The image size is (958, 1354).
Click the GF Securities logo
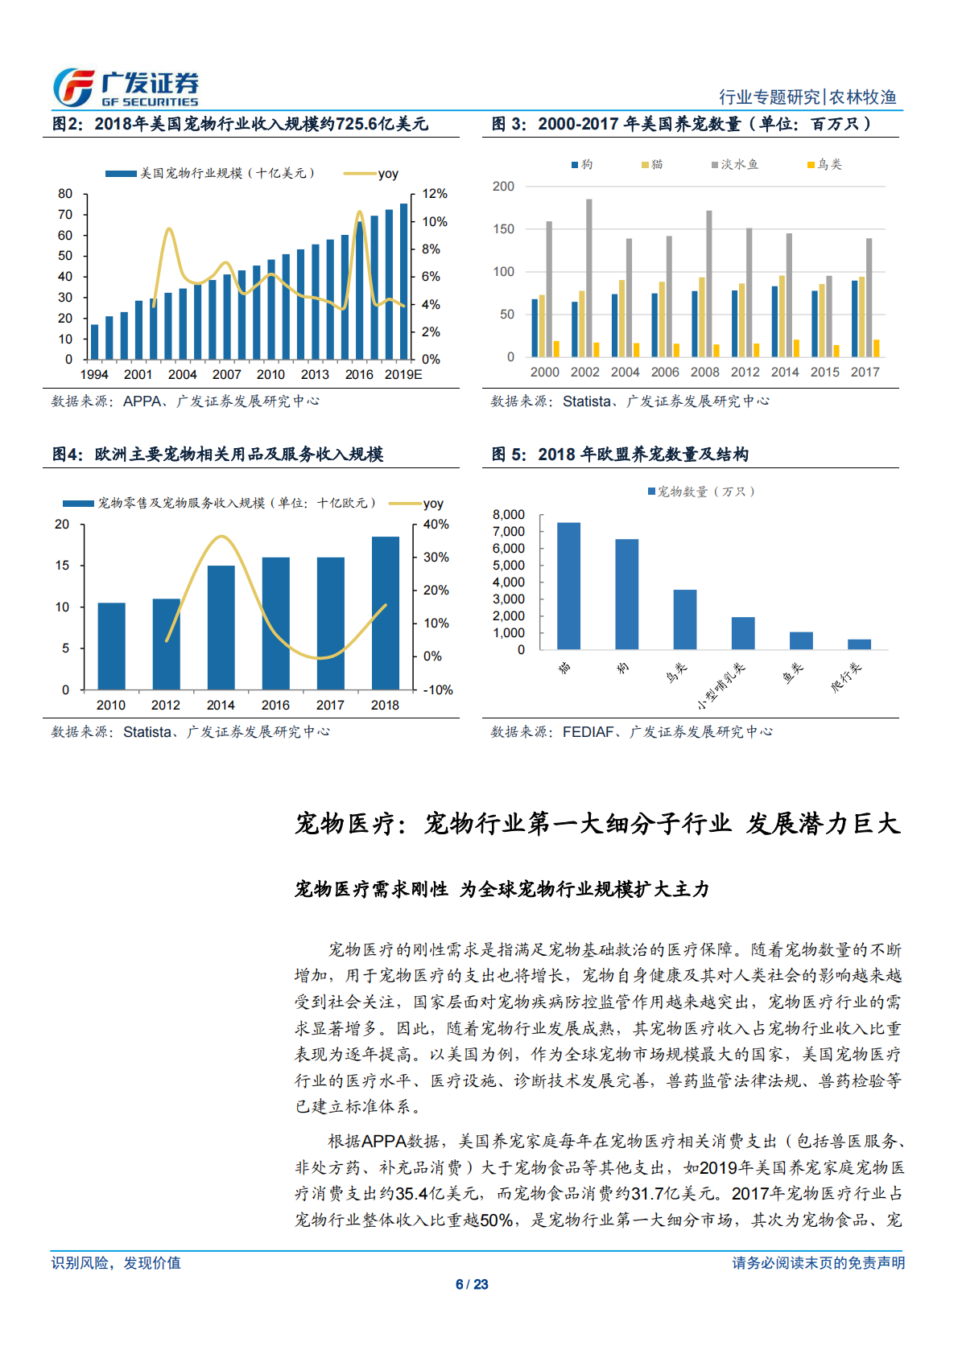[x=126, y=88]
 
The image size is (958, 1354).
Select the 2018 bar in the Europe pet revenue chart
[x=385, y=612]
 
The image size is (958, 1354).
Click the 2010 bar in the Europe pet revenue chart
[x=111, y=645]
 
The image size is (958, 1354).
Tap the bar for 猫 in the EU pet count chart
[x=568, y=586]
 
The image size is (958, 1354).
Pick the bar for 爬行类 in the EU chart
[x=859, y=644]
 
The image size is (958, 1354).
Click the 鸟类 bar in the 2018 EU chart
[x=685, y=619]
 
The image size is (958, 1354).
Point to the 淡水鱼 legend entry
[x=735, y=165]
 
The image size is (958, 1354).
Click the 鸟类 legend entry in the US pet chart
[x=825, y=165]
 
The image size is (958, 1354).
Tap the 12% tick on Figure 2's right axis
[x=435, y=194]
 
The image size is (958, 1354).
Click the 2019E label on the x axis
[x=403, y=375]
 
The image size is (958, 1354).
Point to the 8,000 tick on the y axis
[x=509, y=515]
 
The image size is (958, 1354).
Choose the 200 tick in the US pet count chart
[x=503, y=187]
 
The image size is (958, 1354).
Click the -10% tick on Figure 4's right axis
[x=438, y=690]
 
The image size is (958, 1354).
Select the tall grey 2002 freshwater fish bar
[x=589, y=278]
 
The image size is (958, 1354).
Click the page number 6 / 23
[x=472, y=1285]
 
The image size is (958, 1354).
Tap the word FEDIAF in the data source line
[x=587, y=732]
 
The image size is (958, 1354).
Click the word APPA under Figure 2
[x=142, y=401]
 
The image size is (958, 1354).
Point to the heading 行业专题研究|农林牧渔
[x=807, y=97]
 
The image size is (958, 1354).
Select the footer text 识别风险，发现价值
[x=116, y=1263]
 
